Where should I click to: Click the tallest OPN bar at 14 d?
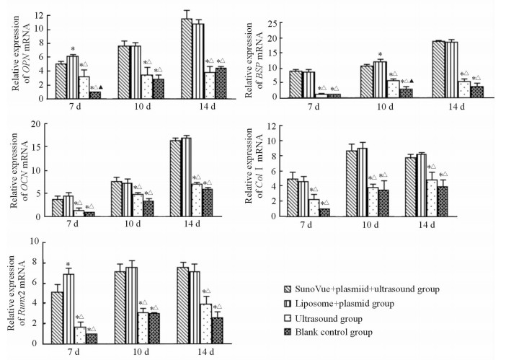185,50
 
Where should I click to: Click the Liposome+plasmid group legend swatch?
288,304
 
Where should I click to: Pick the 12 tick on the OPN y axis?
40,15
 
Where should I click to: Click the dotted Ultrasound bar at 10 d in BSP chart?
393,88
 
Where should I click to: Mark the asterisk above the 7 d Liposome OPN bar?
73,49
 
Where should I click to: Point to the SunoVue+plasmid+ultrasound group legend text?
370,289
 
